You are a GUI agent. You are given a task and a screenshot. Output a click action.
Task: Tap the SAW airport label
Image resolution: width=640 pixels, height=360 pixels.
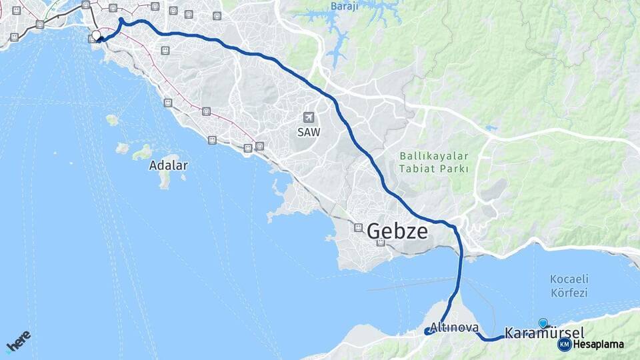309,132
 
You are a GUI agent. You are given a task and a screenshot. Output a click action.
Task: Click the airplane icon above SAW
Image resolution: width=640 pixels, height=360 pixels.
308,117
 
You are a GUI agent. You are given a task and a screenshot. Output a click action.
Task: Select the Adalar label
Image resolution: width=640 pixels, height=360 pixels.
168,165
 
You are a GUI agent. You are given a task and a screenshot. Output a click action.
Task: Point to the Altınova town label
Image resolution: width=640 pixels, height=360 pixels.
455,328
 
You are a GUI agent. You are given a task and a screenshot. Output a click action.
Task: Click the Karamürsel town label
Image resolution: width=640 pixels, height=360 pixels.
545,333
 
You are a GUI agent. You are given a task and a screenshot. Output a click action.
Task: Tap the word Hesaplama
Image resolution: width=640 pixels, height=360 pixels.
599,345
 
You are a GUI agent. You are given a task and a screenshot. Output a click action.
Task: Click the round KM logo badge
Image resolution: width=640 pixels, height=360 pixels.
564,344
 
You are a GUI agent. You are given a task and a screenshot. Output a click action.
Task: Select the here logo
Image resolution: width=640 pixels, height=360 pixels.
19,341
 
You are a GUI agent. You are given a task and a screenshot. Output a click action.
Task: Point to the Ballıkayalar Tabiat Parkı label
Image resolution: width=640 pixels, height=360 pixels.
435,162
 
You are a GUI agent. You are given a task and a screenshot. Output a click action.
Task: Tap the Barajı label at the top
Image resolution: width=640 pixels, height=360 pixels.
345,7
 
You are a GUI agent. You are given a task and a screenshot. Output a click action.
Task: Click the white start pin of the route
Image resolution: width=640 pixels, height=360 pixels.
97,35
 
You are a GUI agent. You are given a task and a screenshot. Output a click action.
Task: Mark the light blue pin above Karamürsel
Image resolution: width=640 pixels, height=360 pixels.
543,323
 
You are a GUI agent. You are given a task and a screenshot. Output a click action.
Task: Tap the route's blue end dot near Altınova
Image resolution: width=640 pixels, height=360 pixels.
427,331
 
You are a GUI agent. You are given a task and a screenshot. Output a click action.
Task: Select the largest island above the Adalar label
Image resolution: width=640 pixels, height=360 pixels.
141,153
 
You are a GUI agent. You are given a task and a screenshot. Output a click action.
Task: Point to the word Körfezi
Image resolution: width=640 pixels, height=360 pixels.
569,292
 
